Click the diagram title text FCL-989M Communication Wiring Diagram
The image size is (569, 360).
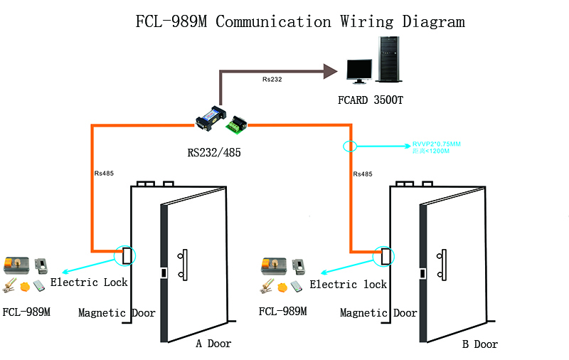[x=299, y=21]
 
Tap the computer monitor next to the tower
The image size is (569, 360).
[x=359, y=70]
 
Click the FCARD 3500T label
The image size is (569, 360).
[x=370, y=100]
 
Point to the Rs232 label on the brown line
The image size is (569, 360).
[x=272, y=79]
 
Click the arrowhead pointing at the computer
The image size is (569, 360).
[x=329, y=70]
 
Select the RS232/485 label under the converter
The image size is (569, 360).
[x=214, y=152]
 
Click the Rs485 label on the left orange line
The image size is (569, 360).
[x=104, y=173]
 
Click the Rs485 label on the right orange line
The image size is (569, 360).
[x=363, y=174]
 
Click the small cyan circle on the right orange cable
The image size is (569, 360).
[x=349, y=147]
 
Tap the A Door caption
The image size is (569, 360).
[x=213, y=344]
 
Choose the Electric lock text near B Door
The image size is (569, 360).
[x=349, y=285]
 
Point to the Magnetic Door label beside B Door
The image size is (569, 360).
[x=378, y=313]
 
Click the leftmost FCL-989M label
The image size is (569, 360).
[x=26, y=312]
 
